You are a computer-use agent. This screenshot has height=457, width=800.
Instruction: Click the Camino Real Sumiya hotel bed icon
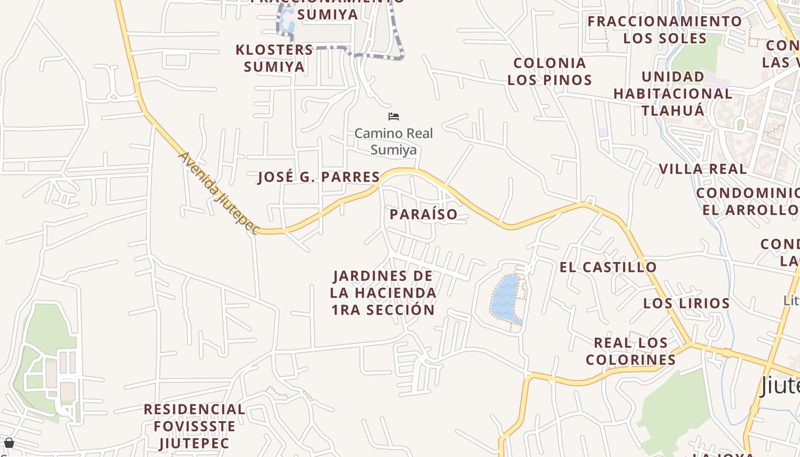click(394, 117)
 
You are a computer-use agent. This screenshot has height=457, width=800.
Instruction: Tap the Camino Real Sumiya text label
click(394, 141)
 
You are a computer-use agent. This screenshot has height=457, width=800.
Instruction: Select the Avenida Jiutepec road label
click(219, 192)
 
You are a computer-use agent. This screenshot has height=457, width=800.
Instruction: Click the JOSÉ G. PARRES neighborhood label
click(319, 177)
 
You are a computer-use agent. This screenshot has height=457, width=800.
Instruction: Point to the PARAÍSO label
click(423, 214)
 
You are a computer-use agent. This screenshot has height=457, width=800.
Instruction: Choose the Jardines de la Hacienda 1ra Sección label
click(383, 292)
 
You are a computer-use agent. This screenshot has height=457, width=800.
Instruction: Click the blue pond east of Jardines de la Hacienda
click(505, 299)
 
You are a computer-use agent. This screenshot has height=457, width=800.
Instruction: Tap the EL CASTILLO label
click(608, 267)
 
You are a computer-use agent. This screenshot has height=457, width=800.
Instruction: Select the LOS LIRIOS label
click(686, 303)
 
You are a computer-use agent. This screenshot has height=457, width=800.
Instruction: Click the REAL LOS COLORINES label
click(631, 351)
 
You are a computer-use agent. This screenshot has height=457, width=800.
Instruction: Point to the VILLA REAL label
click(702, 169)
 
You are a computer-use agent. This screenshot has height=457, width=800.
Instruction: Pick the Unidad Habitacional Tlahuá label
click(673, 93)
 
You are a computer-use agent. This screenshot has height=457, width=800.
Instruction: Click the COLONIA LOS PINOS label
click(550, 71)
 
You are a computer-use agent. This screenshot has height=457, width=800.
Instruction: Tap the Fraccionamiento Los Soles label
click(665, 30)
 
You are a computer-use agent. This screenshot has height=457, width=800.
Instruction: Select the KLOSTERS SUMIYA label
click(274, 58)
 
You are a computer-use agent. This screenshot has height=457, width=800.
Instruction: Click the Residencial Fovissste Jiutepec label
click(194, 426)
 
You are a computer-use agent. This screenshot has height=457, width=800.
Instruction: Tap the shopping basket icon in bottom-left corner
click(9, 443)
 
